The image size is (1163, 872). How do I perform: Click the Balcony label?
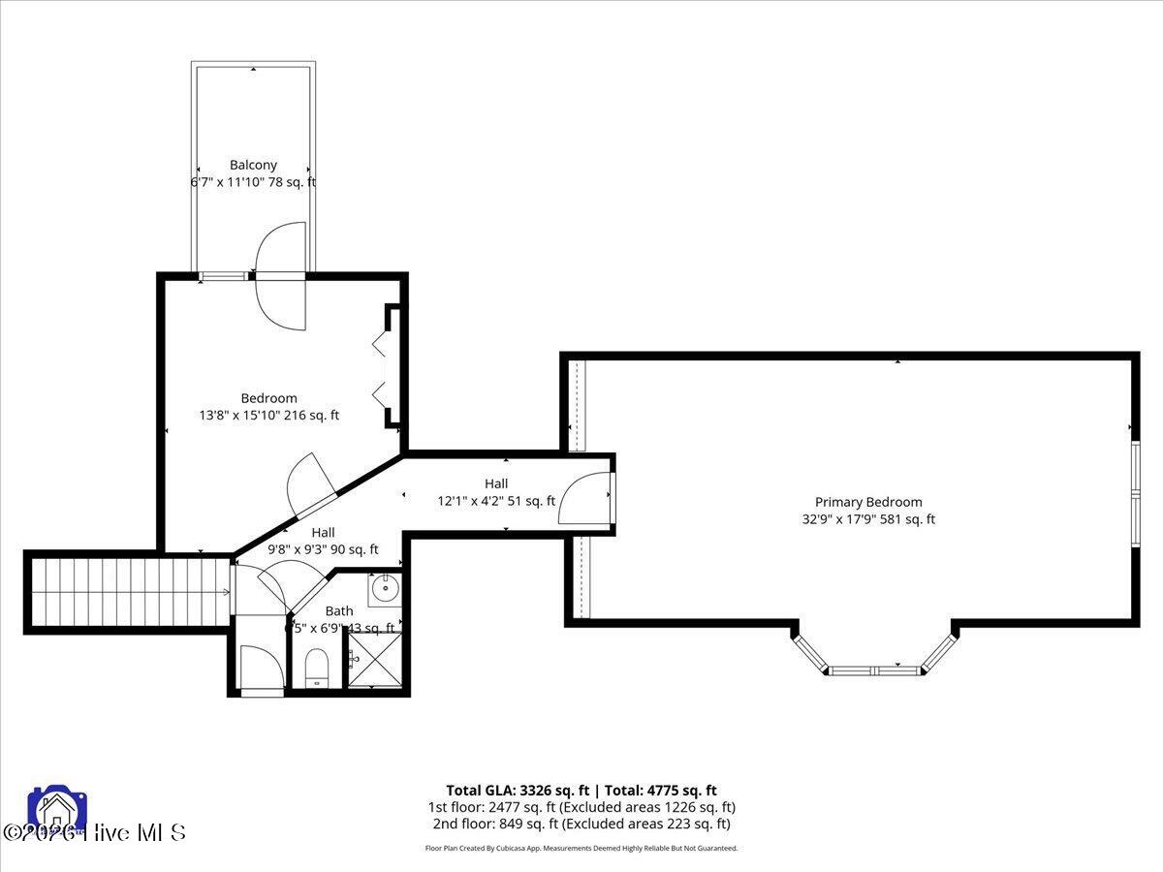[253, 165]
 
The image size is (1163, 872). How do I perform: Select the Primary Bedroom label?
[868, 502]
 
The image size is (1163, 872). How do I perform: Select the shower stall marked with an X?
[373, 661]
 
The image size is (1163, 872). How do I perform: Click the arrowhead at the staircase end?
[228, 592]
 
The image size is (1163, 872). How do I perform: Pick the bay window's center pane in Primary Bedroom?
[876, 670]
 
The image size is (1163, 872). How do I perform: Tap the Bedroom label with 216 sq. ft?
[268, 398]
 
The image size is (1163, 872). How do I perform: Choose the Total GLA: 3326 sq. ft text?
[515, 791]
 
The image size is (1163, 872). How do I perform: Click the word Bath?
[339, 611]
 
